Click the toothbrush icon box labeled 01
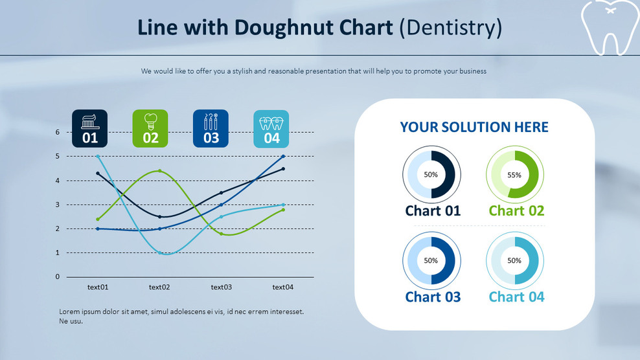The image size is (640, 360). pos(89,128)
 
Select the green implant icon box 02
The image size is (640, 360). pos(150,128)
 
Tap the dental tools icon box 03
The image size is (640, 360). pos(211,128)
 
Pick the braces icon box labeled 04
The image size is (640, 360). pos(271,128)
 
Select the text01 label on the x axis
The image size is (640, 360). pos(98,287)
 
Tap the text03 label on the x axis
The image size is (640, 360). pos(221,287)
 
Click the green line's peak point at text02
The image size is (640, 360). pos(159,171)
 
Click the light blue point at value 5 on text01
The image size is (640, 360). pos(98,156)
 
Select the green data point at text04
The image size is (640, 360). pos(283,210)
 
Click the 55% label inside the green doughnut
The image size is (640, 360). pos(514,175)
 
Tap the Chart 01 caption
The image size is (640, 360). pos(433,210)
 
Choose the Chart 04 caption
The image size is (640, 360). pos(516,297)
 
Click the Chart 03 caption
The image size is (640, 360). pos(433,297)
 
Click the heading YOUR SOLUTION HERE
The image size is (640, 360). pos(474,127)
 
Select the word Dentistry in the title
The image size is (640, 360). pos(451,27)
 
